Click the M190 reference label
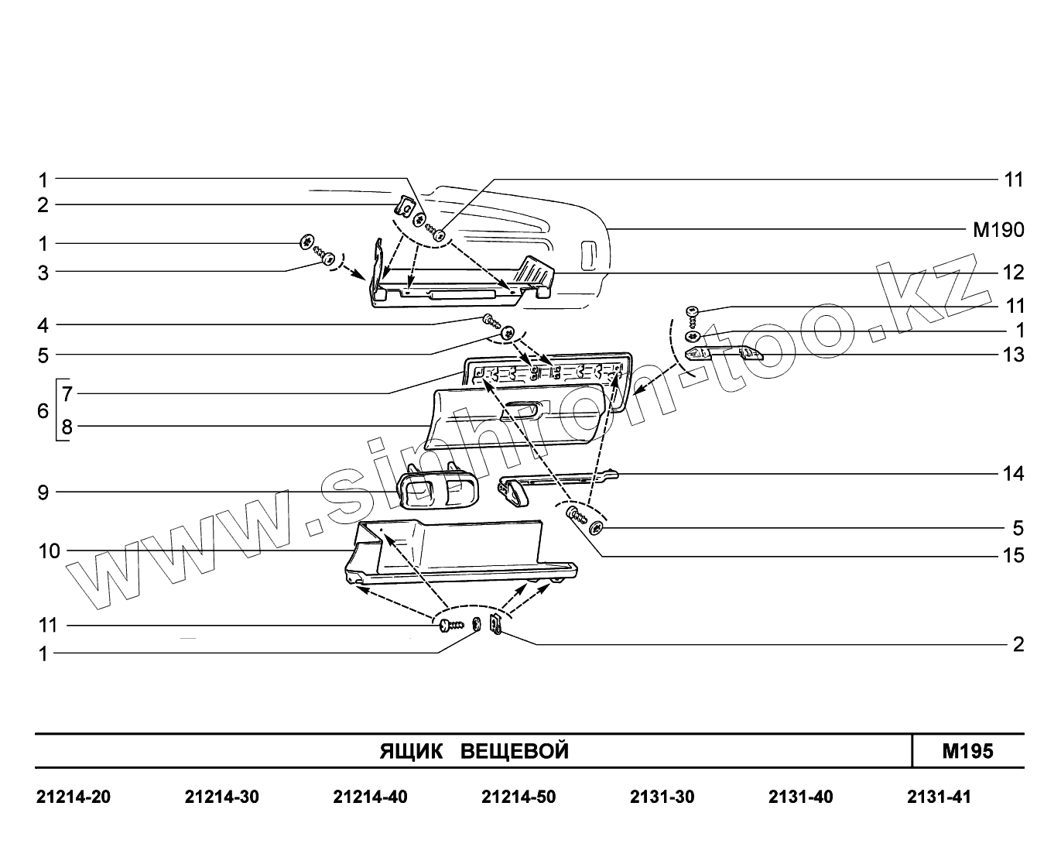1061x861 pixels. pos(998,229)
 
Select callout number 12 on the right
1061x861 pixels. pos(1013,273)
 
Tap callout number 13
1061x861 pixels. pos(1013,355)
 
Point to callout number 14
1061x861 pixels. pos(1013,473)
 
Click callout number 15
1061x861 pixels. pos(1013,556)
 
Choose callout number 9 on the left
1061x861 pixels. pos(43,492)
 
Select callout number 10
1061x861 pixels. pos(48,551)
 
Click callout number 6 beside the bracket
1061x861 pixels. pos(43,410)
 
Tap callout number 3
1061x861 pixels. pos(43,273)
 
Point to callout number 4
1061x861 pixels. pos(43,324)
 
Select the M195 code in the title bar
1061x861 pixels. pos(967,751)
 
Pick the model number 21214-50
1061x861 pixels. pos(518,797)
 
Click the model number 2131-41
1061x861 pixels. pos(938,797)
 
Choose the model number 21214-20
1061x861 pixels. pos(74,797)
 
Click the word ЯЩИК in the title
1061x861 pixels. pos(411,751)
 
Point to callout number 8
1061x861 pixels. pos(67,426)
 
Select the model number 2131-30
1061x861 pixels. pos(662,797)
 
